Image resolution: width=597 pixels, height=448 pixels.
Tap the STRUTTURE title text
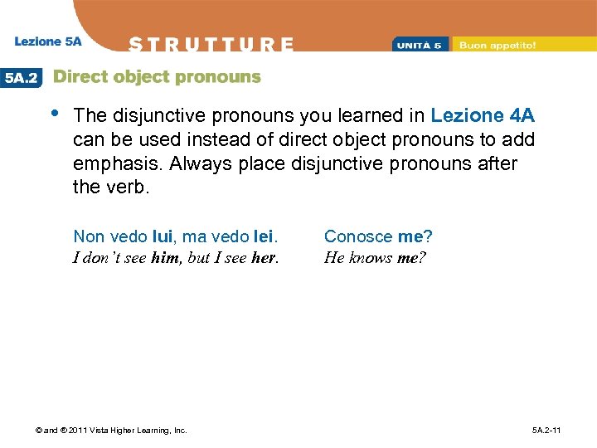(211, 44)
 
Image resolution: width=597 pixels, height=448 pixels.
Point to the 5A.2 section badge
(21, 77)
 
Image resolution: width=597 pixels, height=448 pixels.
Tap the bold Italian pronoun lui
(162, 236)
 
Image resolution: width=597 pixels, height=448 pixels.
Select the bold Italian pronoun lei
(265, 236)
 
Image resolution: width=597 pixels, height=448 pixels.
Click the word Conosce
(358, 236)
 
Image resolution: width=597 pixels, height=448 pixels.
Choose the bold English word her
(263, 257)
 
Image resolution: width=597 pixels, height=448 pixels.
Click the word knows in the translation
(371, 257)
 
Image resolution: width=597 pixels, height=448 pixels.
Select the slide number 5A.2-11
(547, 430)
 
